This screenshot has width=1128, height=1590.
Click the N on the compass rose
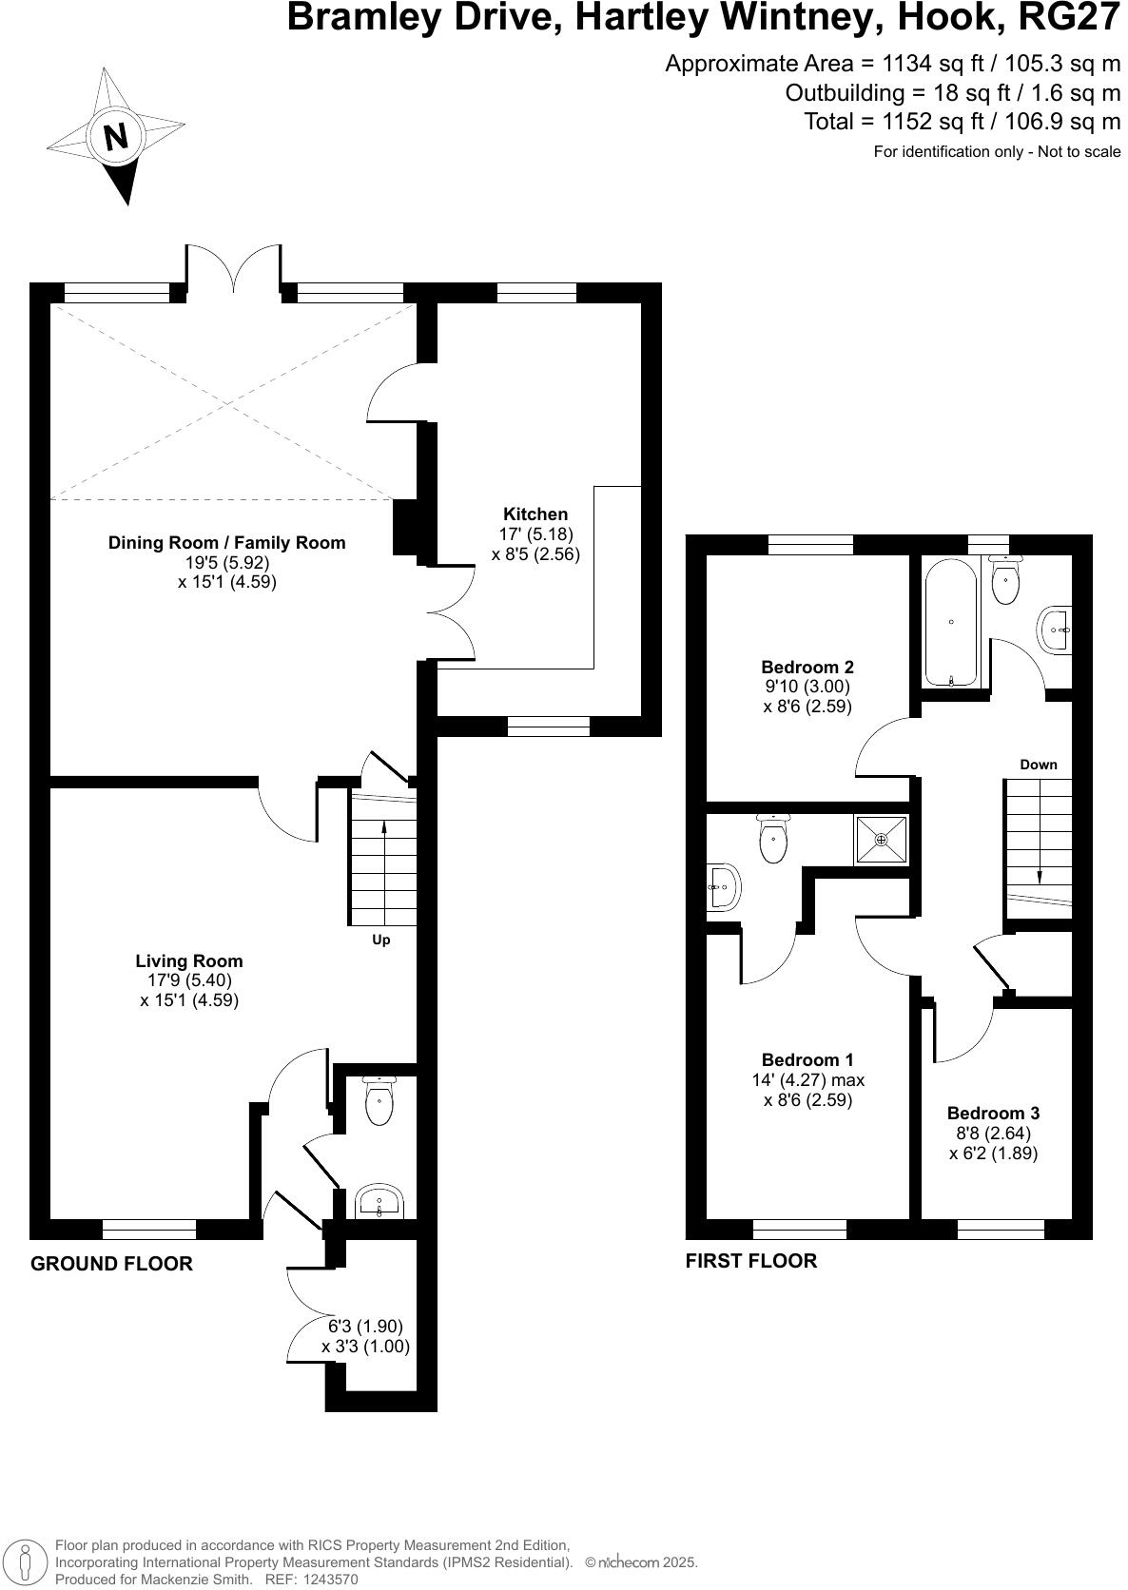pyautogui.click(x=115, y=138)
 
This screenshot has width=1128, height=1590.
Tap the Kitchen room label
pyautogui.click(x=535, y=514)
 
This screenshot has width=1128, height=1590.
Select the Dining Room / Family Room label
pyautogui.click(x=226, y=543)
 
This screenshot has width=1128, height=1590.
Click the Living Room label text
pyautogui.click(x=188, y=961)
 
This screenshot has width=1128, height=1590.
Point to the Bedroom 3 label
pyautogui.click(x=993, y=1114)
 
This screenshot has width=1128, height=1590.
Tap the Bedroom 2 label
pyautogui.click(x=807, y=668)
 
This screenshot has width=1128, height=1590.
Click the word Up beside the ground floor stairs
pyautogui.click(x=380, y=940)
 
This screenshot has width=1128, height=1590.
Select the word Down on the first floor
pyautogui.click(x=1038, y=765)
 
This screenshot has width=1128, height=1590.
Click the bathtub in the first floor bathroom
pyautogui.click(x=951, y=623)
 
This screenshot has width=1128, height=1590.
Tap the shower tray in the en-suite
pyautogui.click(x=882, y=840)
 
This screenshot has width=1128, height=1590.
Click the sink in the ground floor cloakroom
pyautogui.click(x=380, y=1203)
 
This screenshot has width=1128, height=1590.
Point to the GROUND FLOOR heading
pyautogui.click(x=111, y=1264)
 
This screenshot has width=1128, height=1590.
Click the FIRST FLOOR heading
pyautogui.click(x=750, y=1261)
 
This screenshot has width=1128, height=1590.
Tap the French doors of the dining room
pyautogui.click(x=233, y=271)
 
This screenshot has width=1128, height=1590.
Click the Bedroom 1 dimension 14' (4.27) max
pyautogui.click(x=807, y=1080)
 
